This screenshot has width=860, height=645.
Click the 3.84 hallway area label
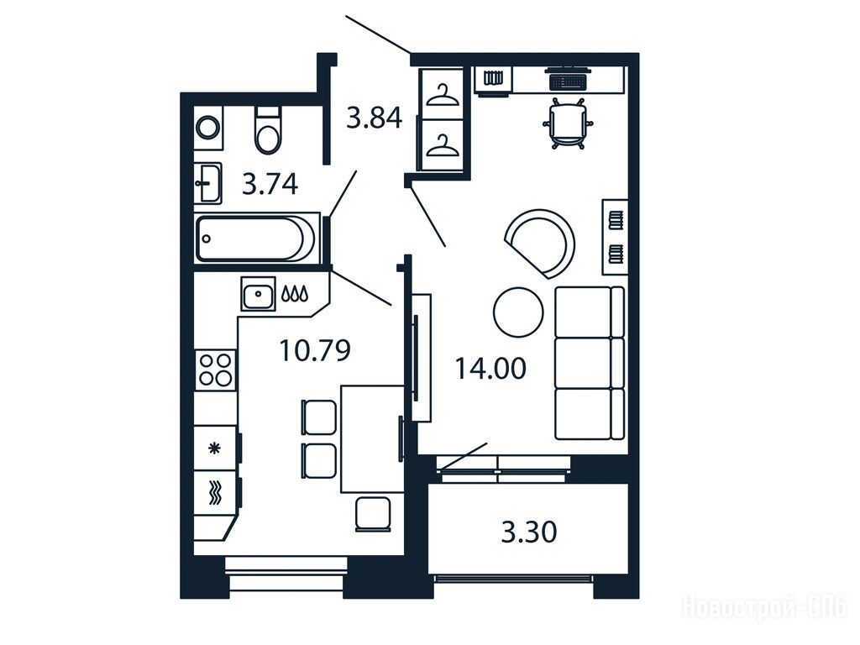375,118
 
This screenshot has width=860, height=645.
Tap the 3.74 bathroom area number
270,184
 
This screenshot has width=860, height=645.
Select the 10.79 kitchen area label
315,350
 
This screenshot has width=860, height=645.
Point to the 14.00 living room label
490,369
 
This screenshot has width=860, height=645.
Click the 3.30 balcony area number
529,532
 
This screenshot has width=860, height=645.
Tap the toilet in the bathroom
268,130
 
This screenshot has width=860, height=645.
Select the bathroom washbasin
208,183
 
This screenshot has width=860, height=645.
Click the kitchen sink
258,294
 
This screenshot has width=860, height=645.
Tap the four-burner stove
216,370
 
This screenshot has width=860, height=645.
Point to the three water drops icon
295,294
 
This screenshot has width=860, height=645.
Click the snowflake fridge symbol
214,448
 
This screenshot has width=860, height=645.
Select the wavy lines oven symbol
215,491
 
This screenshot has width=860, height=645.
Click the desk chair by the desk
568,124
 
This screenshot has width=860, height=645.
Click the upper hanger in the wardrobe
442,94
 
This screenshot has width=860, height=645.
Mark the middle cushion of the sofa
590,363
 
